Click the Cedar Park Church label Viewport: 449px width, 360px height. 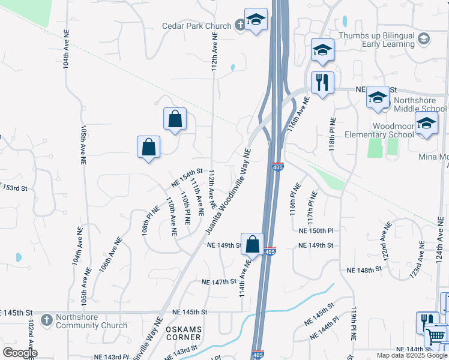click(x=196, y=26)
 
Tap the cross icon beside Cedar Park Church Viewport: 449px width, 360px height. click(x=240, y=25)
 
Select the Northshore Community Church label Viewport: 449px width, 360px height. click(x=91, y=322)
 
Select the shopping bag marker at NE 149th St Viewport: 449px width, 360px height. click(x=253, y=244)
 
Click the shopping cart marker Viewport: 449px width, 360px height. click(x=436, y=335)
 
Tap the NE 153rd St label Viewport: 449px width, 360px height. click(x=14, y=188)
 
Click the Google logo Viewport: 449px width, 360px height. click(x=19, y=352)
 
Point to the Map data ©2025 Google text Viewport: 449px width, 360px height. click(x=412, y=355)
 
